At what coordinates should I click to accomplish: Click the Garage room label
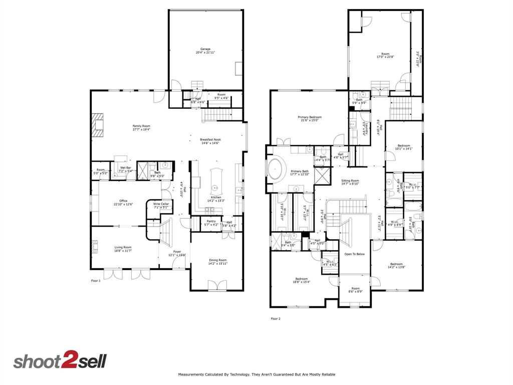205,49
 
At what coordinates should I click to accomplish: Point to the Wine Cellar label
161,204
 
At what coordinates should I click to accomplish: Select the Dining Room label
217,260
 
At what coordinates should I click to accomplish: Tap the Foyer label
177,252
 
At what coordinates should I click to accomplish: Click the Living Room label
123,247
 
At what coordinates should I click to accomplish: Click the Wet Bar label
125,168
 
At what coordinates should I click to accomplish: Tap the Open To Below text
354,254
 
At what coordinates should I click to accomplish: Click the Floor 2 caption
276,318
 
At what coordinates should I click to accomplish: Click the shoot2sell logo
60,361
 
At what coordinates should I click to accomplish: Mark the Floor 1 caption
96,281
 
